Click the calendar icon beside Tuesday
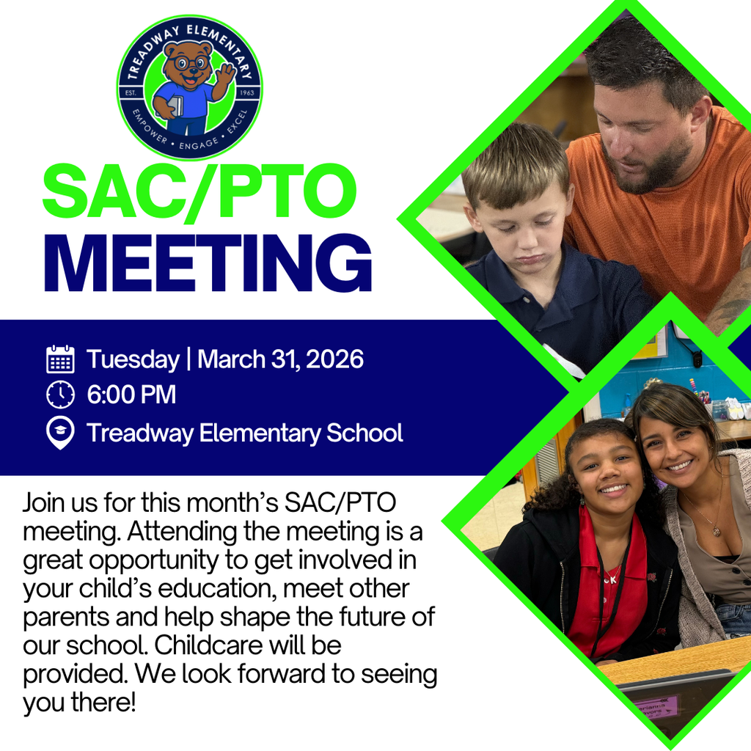60,359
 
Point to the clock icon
60,395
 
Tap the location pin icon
60,433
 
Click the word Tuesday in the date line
133,359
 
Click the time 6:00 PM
131,395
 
